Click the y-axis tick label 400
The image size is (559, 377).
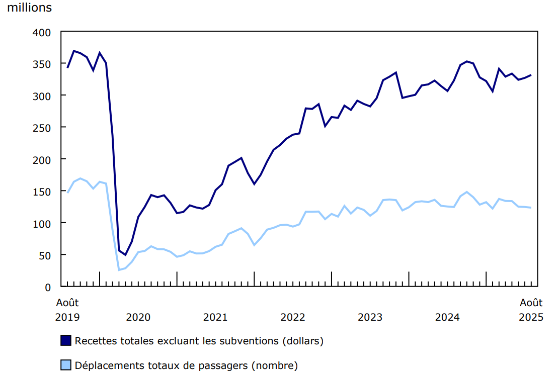click(x=42, y=32)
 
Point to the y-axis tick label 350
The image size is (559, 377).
click(x=42, y=64)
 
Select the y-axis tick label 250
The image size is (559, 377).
click(x=42, y=128)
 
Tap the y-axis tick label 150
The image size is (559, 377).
click(x=42, y=192)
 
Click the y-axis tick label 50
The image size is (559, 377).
click(x=45, y=255)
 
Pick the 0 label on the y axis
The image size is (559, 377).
click(x=48, y=287)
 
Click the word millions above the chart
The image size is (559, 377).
click(x=29, y=8)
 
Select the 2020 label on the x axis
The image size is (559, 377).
click(x=138, y=317)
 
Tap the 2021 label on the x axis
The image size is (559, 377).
click(x=215, y=317)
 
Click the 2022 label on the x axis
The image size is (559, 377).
click(x=293, y=317)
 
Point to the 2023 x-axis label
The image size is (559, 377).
click(x=370, y=317)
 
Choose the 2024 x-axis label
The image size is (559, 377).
click(x=447, y=317)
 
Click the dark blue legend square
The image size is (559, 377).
click(x=66, y=340)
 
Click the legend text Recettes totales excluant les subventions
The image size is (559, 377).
click(x=199, y=340)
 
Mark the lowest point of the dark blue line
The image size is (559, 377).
click(x=125, y=255)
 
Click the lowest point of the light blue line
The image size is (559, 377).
click(x=119, y=270)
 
